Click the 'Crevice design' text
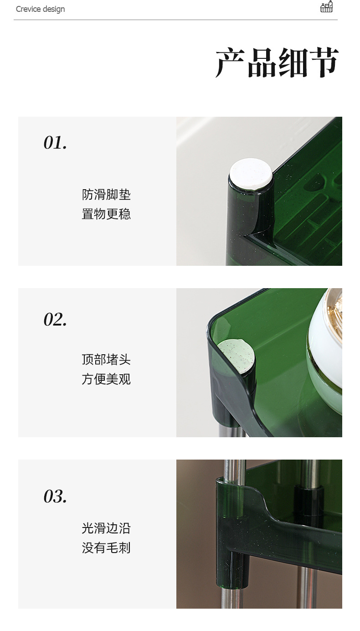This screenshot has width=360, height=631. [40, 9]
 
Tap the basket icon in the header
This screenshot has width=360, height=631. [326, 7]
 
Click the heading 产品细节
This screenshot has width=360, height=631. [277, 62]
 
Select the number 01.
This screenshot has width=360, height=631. [55, 143]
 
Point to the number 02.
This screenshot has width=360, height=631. [55, 319]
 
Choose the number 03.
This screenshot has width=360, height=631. [55, 496]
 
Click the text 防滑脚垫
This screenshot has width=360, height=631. [106, 195]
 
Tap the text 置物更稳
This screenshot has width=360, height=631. [106, 214]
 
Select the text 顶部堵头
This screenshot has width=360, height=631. [106, 360]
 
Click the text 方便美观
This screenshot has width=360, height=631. [106, 379]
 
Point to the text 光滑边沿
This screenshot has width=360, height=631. [106, 528]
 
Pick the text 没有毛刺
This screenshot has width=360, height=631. [106, 548]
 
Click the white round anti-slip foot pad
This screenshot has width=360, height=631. [251, 173]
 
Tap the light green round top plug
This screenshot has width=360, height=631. [236, 356]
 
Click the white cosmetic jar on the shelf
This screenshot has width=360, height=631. [326, 347]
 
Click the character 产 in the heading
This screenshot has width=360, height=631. [230, 62]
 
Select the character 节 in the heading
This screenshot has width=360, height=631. [323, 62]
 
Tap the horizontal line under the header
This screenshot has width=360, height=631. [175, 20]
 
